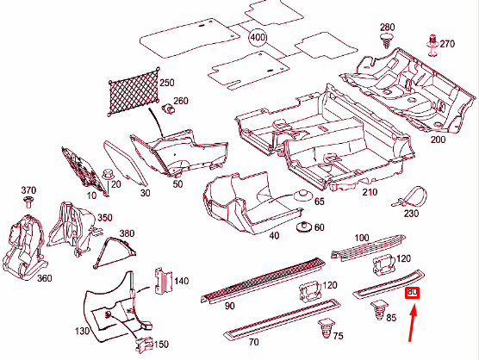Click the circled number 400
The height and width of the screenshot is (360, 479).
pos(258,37)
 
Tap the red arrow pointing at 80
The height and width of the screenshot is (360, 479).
pos(413,322)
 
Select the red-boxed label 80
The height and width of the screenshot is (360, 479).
pos(412,293)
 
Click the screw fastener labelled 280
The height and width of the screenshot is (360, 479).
pos(386,41)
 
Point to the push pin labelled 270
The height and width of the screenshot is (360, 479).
pos(432,46)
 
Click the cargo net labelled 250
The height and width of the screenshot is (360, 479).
pos(134,91)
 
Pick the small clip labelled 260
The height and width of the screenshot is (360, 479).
pos(167,109)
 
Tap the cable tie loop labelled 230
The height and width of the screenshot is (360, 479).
pos(410,196)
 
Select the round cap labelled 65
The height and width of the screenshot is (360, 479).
pos(303,196)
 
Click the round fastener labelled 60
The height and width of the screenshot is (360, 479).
pos(304,227)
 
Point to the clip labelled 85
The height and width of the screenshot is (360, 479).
pos(379,310)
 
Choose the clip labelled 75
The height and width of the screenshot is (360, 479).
pos(327,328)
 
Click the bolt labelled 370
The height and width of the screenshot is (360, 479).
pos(28,202)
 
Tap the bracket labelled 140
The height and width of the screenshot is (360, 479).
pos(163,281)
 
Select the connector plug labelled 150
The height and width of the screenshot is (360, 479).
pos(144,344)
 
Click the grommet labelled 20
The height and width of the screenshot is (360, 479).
pos(107,174)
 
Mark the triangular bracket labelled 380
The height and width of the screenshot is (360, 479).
pos(115,253)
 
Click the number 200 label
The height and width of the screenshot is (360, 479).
pos(438,140)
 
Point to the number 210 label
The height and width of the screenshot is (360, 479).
pos(370,192)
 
